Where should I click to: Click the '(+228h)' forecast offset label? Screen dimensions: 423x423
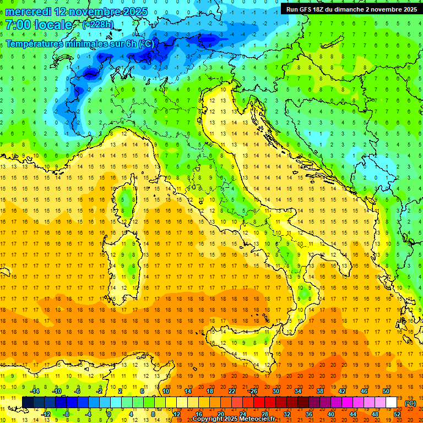point(97,25)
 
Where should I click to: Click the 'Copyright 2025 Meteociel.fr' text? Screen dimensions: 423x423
point(234,419)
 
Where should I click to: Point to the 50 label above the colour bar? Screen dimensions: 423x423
point(386,391)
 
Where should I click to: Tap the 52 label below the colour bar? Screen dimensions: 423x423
point(397,414)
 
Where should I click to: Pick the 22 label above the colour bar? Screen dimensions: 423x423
point(232,391)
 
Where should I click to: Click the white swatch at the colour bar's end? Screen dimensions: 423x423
point(392,403)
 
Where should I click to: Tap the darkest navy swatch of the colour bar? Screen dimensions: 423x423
point(28,403)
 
